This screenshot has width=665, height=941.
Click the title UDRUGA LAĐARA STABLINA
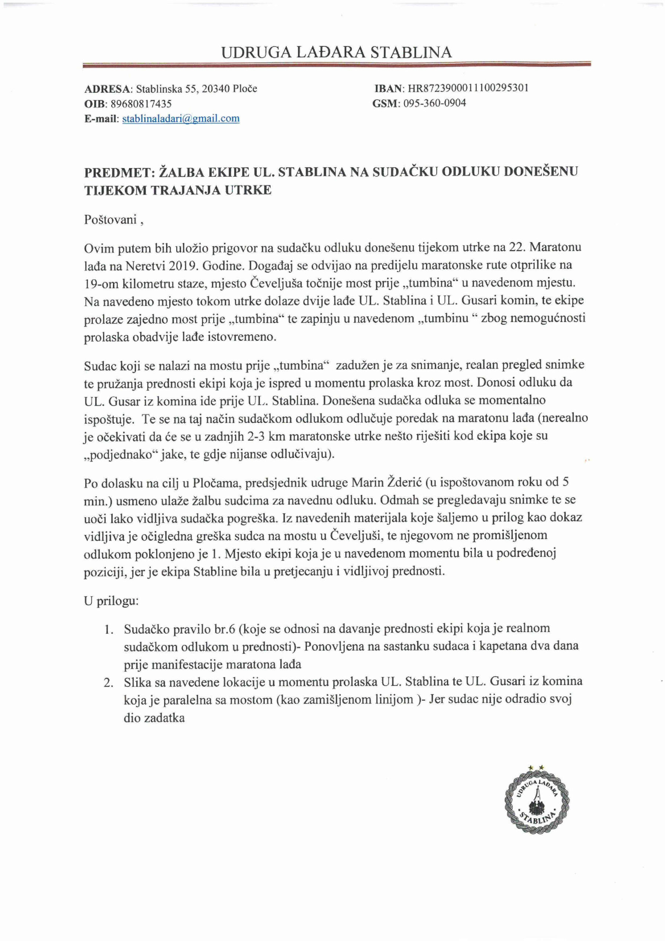click(337, 53)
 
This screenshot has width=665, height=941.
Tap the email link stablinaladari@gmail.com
click(181, 119)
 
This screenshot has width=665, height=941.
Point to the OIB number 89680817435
click(140, 104)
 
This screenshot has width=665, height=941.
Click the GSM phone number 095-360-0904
click(434, 103)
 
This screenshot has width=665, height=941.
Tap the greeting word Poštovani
click(110, 220)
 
